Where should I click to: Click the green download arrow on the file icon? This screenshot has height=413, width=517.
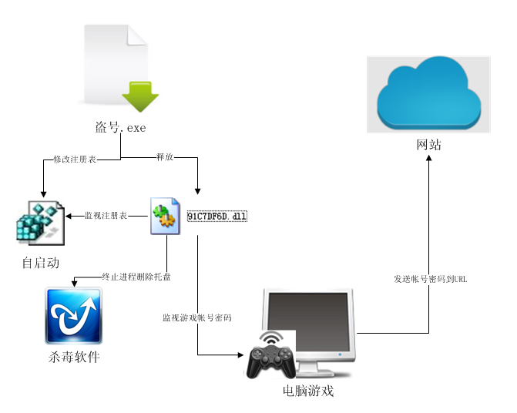point(140,96)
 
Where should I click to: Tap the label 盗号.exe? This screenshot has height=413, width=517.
point(119,128)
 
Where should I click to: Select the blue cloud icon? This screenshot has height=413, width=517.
point(428,93)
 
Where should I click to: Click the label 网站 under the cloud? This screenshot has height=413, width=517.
point(428,145)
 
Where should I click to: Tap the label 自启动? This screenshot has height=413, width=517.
point(40,263)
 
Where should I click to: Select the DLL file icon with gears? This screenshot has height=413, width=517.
point(165,216)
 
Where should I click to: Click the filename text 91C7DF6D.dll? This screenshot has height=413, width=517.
point(217,217)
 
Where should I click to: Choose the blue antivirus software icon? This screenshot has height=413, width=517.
point(73,316)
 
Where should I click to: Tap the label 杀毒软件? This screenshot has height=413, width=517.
point(73,357)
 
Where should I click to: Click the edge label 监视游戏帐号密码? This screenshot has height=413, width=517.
point(197,317)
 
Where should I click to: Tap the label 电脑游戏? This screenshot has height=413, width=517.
point(308,391)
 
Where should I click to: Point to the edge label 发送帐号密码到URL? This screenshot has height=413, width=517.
point(431,279)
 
